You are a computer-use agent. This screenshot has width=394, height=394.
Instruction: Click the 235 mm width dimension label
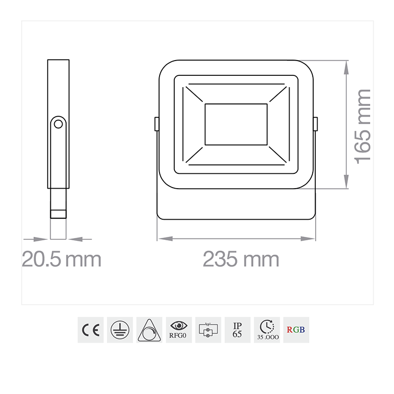coord(241,259)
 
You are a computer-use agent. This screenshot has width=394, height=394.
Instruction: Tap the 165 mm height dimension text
coord(363,126)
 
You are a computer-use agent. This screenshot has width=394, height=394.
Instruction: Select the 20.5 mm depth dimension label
coord(62,259)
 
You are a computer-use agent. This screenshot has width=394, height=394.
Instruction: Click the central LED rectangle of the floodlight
coord(236,124)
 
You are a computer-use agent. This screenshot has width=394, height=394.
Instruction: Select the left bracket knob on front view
coord(156,124)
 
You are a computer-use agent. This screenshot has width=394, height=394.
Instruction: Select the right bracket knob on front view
coord(316,124)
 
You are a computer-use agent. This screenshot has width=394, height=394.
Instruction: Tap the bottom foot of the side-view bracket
coord(59,214)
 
